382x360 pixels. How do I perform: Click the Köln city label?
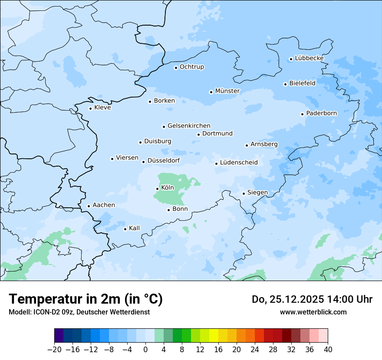tap(167, 188)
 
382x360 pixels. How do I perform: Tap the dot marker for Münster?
tap(211, 92)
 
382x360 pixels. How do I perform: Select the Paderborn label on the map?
tap(321, 113)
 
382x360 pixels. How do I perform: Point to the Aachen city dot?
tap(89, 206)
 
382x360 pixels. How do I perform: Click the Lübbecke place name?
tap(309, 58)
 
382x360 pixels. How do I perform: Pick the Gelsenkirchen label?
tap(189, 126)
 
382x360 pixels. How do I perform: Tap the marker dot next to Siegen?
tap(244, 193)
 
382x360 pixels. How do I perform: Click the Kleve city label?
tap(102, 108)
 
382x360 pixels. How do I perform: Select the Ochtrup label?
tap(191, 67)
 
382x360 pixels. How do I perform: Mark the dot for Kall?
tap(125, 229)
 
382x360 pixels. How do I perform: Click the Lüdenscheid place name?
tap(239, 163)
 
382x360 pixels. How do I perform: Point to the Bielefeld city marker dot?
tap(285, 84)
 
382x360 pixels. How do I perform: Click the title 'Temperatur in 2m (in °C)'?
tap(86, 299)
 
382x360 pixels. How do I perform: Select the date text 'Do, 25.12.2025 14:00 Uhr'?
tap(312, 299)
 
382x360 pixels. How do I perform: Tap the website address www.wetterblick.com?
tap(313, 312)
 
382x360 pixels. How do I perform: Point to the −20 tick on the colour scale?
tap(55, 350)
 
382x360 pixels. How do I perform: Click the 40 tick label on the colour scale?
tap(328, 350)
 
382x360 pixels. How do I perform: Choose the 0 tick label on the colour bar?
tap(145, 350)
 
